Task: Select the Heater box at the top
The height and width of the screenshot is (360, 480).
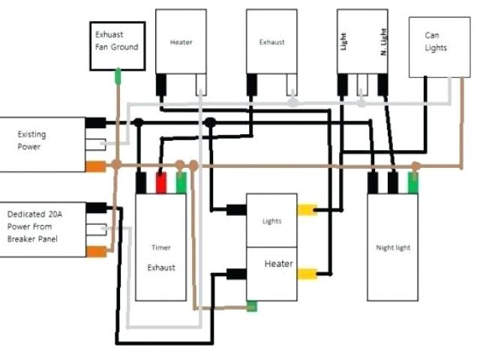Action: point(181,42)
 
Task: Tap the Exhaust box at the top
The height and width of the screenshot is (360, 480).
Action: point(271,42)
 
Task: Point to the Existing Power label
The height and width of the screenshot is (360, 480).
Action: point(32,140)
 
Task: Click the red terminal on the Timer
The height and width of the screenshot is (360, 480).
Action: point(160,183)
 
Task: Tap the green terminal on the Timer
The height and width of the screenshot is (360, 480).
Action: point(180,183)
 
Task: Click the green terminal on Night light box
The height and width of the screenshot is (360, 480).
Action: point(412,182)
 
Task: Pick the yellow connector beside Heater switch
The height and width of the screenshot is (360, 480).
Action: point(307,274)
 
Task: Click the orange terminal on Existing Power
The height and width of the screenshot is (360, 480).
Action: point(95,166)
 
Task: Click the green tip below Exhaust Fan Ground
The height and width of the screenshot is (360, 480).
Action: point(118,76)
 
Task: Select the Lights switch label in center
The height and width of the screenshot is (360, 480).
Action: point(271,222)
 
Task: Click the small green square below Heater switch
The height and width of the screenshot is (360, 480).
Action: point(253,306)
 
